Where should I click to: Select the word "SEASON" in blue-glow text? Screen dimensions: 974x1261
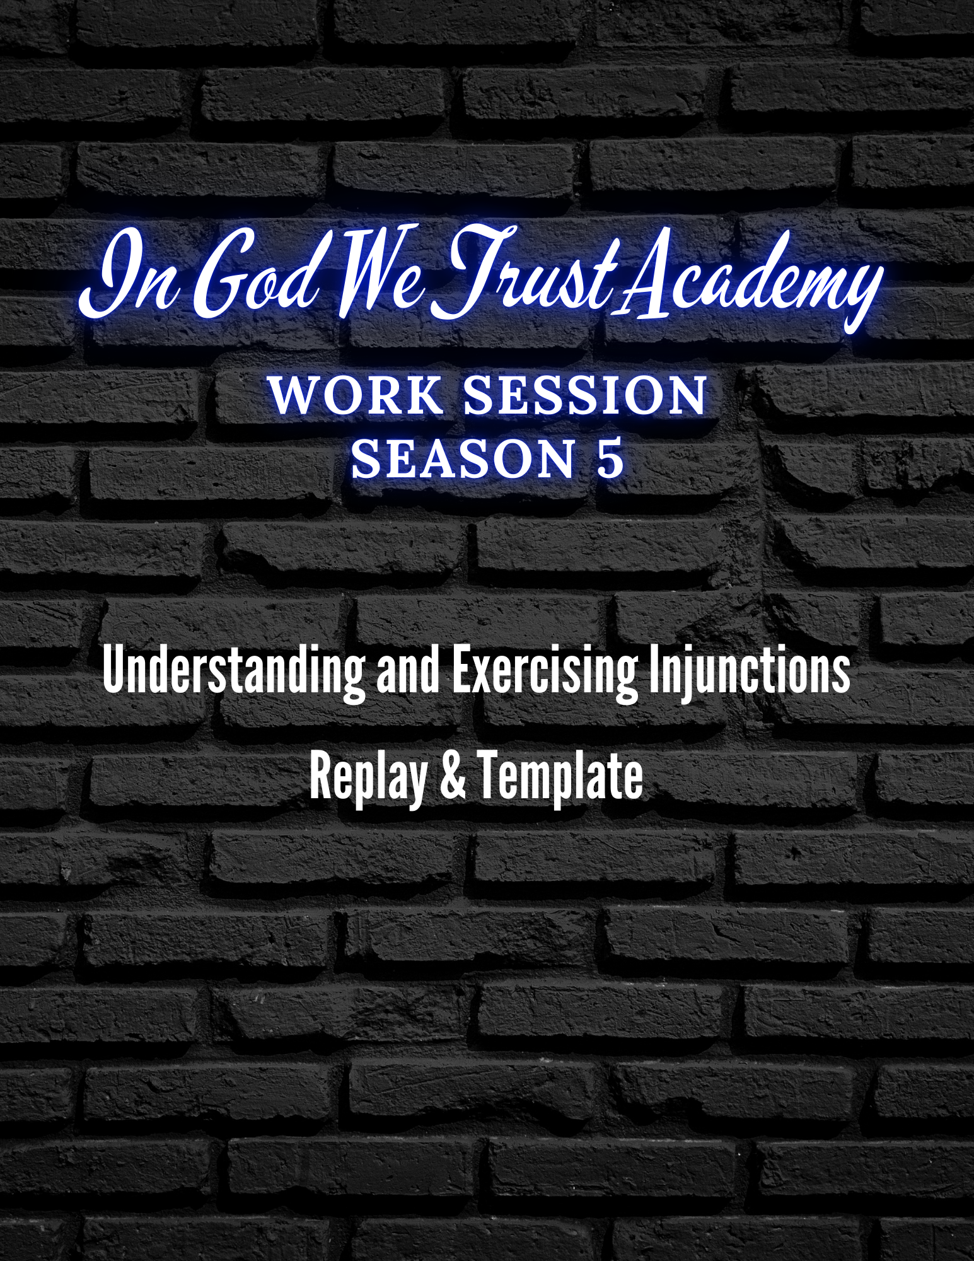click(x=463, y=458)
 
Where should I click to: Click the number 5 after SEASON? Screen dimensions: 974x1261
click(x=610, y=458)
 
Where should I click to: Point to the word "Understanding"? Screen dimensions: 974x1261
click(x=234, y=671)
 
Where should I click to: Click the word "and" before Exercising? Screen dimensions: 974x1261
click(x=408, y=671)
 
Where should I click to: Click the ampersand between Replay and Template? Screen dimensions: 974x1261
click(x=453, y=776)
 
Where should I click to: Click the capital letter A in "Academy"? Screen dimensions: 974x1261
click(x=649, y=277)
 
